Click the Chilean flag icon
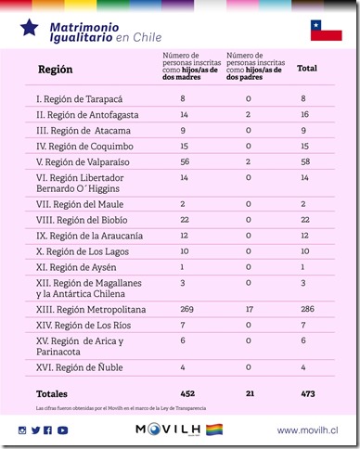coord(326,31)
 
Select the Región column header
coord(55,70)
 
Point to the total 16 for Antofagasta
coord(305,114)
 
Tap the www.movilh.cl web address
coord(307,430)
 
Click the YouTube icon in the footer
coord(61,430)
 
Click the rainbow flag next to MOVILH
coord(214,430)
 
